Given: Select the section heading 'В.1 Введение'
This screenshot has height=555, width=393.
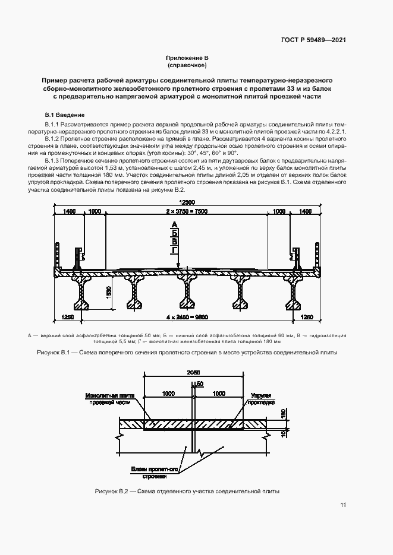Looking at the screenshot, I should tap(65, 115).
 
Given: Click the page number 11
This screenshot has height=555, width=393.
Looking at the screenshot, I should tap(343, 505).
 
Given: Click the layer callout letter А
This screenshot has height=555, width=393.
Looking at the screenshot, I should tap(174, 224).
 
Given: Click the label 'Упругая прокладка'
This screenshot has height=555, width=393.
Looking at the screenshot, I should tap(261, 398).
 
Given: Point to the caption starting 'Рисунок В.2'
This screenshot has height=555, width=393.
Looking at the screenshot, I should tap(187, 492).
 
